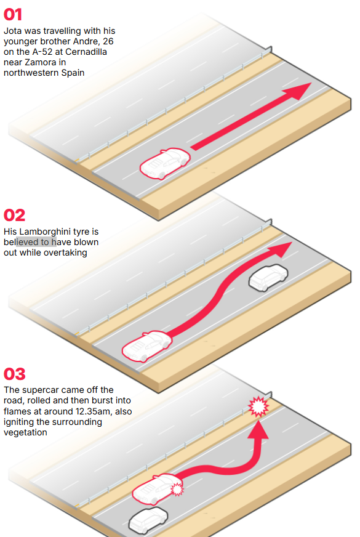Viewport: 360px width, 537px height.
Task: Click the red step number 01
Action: (x=13, y=14)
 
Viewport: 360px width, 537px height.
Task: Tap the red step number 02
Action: (x=14, y=216)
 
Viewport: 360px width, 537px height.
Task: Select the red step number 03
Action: (x=14, y=374)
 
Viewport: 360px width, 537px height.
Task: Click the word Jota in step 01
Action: (x=13, y=31)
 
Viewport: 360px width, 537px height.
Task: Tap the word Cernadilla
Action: (x=86, y=52)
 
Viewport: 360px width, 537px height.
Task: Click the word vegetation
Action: (x=25, y=432)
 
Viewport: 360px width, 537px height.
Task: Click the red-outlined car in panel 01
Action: (x=164, y=163)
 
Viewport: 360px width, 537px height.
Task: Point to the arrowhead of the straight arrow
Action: (x=298, y=91)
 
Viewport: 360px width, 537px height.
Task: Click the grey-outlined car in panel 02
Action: (x=268, y=277)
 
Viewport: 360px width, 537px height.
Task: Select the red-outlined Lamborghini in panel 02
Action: (x=147, y=346)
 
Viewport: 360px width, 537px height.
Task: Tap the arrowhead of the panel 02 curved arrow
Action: (x=281, y=249)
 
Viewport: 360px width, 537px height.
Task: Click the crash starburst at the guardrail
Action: (x=258, y=406)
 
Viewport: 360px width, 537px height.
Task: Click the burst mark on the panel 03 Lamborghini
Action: (x=177, y=489)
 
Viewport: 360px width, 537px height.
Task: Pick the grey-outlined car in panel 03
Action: (x=148, y=520)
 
